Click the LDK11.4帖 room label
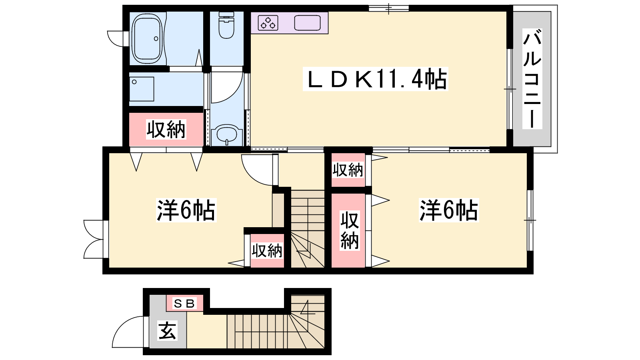click(376, 79)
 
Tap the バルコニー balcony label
click(532, 78)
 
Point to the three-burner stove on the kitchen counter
click(268, 23)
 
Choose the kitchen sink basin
click(308, 23)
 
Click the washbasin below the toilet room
click(226, 134)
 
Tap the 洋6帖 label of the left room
click(186, 210)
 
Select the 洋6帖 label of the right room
click(448, 210)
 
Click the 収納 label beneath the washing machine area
click(166, 130)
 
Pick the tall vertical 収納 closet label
click(350, 230)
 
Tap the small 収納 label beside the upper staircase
click(267, 251)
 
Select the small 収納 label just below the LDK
click(348, 170)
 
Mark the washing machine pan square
click(142, 89)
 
